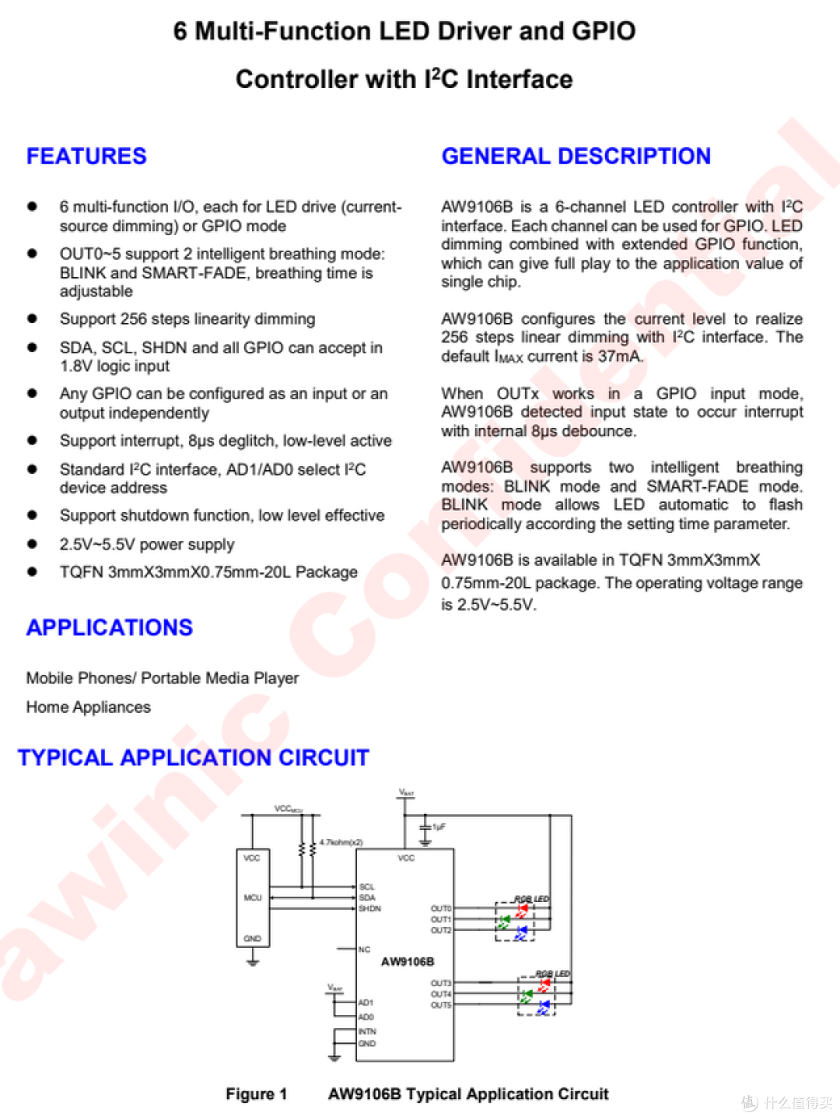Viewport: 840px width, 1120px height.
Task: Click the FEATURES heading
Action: (86, 156)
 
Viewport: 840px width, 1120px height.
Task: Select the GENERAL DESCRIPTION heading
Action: (576, 156)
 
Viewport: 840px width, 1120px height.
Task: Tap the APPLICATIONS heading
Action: (110, 627)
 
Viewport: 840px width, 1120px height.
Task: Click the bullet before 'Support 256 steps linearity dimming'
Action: (33, 318)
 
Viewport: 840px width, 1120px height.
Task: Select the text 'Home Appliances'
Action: (89, 707)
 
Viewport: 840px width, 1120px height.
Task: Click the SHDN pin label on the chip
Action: (370, 908)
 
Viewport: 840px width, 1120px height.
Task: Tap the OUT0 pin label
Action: (440, 908)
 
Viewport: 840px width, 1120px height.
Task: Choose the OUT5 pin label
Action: (440, 1005)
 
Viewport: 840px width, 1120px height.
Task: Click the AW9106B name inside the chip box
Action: (407, 961)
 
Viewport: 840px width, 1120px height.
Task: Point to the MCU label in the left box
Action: (253, 897)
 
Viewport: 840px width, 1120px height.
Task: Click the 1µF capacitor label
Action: (439, 827)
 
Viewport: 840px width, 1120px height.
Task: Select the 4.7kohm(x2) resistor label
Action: (341, 842)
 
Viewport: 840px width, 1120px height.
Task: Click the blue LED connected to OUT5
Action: (543, 1007)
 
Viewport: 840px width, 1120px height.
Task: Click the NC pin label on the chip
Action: (364, 950)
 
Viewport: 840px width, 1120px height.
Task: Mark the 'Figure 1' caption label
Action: (256, 1094)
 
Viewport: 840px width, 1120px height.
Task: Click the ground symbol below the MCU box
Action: (253, 962)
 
